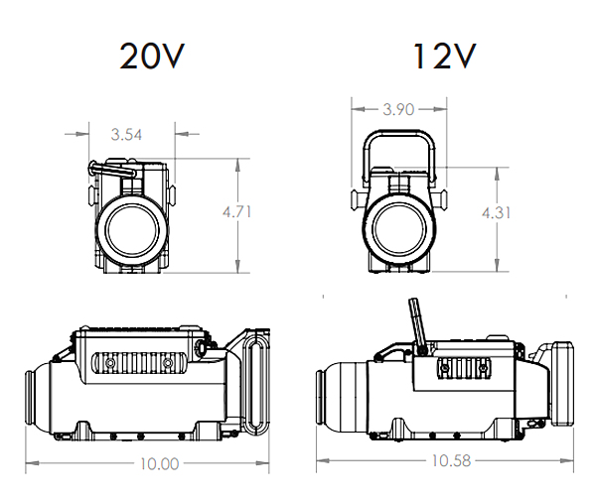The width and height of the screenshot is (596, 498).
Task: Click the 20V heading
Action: [x=152, y=56]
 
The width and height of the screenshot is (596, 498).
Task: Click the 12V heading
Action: [x=445, y=56]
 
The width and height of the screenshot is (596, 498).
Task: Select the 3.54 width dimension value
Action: [x=126, y=135]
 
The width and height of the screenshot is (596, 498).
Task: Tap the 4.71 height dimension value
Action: [x=236, y=212]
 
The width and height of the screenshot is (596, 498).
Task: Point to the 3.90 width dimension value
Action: [x=398, y=110]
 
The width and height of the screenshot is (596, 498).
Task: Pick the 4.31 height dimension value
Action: [x=496, y=213]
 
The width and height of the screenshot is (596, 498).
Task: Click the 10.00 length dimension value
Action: [x=160, y=464]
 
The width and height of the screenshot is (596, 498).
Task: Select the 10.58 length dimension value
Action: [x=451, y=461]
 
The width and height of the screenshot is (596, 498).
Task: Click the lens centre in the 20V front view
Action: [x=132, y=230]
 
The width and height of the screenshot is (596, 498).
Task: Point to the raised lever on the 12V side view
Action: [x=417, y=325]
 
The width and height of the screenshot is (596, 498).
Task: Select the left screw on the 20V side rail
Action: [x=110, y=363]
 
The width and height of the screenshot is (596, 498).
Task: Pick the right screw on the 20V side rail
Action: [x=167, y=363]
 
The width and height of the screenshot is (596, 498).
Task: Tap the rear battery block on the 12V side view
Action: [x=562, y=383]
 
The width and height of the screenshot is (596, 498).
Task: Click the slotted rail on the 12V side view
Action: [x=463, y=367]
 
